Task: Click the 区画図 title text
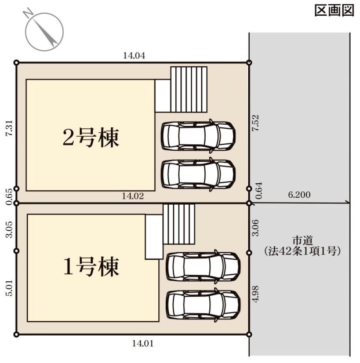334,10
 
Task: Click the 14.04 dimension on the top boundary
134,56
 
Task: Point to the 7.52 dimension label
256,123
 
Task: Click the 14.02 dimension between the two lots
133,196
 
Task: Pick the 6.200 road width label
299,195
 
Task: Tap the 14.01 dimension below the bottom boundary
143,343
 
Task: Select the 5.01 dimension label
10,288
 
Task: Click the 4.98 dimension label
256,294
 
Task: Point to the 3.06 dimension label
256,228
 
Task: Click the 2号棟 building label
91,138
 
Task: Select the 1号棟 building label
91,267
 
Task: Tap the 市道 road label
303,241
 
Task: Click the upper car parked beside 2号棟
198,136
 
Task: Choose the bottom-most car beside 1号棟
203,305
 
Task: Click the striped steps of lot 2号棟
189,89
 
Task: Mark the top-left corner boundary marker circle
16,62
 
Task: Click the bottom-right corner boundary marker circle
249,334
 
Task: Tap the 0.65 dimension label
10,196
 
